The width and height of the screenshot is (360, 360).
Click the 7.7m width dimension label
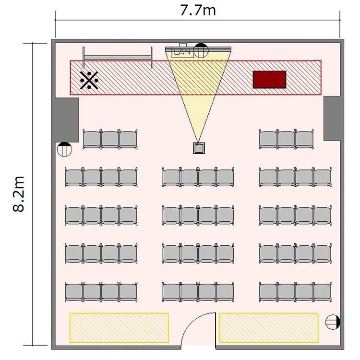pyautogui.click(x=198, y=11)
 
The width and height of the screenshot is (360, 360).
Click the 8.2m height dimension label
pyautogui.click(x=18, y=194)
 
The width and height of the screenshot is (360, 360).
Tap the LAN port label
pyautogui.click(x=183, y=52)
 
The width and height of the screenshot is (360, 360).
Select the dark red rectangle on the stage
pyautogui.click(x=270, y=79)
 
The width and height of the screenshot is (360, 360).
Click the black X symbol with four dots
pyautogui.click(x=89, y=80)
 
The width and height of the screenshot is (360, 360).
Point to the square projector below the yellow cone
pyautogui.click(x=199, y=148)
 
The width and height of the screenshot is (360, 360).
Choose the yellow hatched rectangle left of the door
pyautogui.click(x=119, y=328)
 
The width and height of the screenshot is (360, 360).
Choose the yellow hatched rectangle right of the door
pyautogui.click(x=269, y=328)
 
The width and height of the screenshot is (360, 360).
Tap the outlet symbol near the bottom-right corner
pyautogui.click(x=333, y=322)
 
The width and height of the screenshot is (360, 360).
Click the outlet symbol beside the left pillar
pyautogui.click(x=64, y=149)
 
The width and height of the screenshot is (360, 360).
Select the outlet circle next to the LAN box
pyautogui.click(x=201, y=50)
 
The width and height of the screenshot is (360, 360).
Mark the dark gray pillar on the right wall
pyautogui.click(x=332, y=118)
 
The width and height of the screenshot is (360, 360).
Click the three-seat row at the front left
pyautogui.click(x=110, y=140)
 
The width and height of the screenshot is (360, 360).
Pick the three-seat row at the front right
pyautogui.click(x=286, y=140)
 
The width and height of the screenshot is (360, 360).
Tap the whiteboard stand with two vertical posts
pyautogui.click(x=117, y=58)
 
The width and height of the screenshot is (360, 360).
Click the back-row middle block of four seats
pyautogui.click(x=198, y=292)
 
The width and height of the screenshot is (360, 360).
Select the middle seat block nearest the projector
pyautogui.click(x=198, y=178)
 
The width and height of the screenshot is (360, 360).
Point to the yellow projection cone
pyautogui.click(x=198, y=92)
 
